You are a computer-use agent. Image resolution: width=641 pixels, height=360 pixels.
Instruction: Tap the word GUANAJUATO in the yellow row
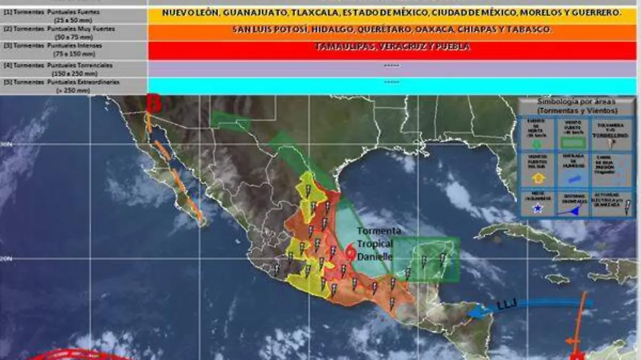pos(244,13)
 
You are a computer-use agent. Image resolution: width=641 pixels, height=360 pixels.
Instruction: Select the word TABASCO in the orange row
pos(532,30)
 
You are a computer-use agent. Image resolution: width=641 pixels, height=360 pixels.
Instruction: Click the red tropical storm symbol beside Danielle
pos(350,252)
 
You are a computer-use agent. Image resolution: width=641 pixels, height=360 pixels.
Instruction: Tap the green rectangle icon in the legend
pos(573,143)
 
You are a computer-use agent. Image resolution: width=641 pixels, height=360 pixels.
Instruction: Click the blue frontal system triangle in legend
pos(573,210)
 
